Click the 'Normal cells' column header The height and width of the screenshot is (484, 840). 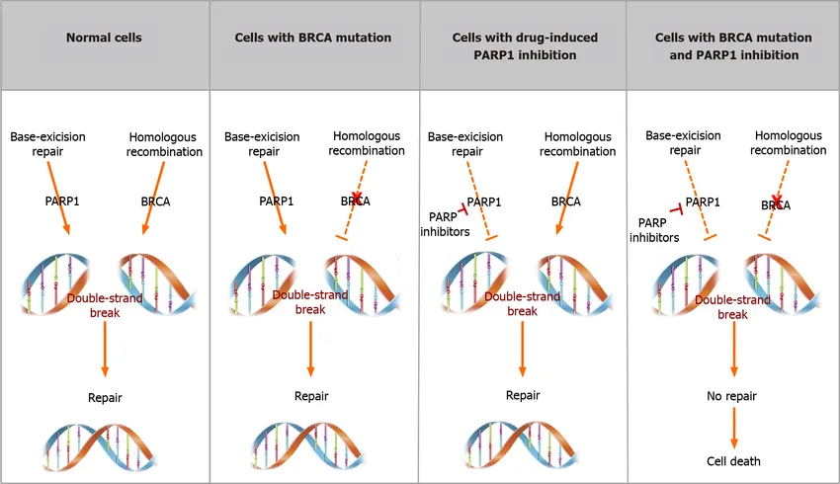(104, 38)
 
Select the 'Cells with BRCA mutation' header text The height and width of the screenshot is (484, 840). (313, 38)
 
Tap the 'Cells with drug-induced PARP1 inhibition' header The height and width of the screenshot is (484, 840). (525, 46)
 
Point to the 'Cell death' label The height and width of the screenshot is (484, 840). (733, 461)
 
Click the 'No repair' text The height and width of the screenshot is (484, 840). (731, 396)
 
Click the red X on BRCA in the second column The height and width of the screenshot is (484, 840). (356, 197)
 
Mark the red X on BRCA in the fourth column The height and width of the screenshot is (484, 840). (777, 201)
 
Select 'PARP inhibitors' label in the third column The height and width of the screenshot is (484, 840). (445, 224)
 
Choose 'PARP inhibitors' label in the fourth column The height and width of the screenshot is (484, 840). (654, 230)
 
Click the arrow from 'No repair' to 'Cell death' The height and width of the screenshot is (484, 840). (734, 428)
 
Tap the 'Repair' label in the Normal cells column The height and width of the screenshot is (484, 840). (105, 398)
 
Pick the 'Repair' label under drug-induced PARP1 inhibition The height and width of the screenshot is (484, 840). (523, 396)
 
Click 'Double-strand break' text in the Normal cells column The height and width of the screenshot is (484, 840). (105, 305)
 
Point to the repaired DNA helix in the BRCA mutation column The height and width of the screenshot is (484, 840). (307, 446)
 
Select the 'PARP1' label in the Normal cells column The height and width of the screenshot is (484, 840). (62, 202)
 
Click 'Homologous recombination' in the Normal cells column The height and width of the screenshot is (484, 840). (164, 144)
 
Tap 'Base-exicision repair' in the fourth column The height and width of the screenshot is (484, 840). (683, 143)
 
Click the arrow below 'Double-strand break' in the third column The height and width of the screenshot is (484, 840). (523, 349)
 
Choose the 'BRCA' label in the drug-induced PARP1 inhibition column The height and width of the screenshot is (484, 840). (565, 202)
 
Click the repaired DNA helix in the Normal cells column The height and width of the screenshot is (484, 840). (100, 447)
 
